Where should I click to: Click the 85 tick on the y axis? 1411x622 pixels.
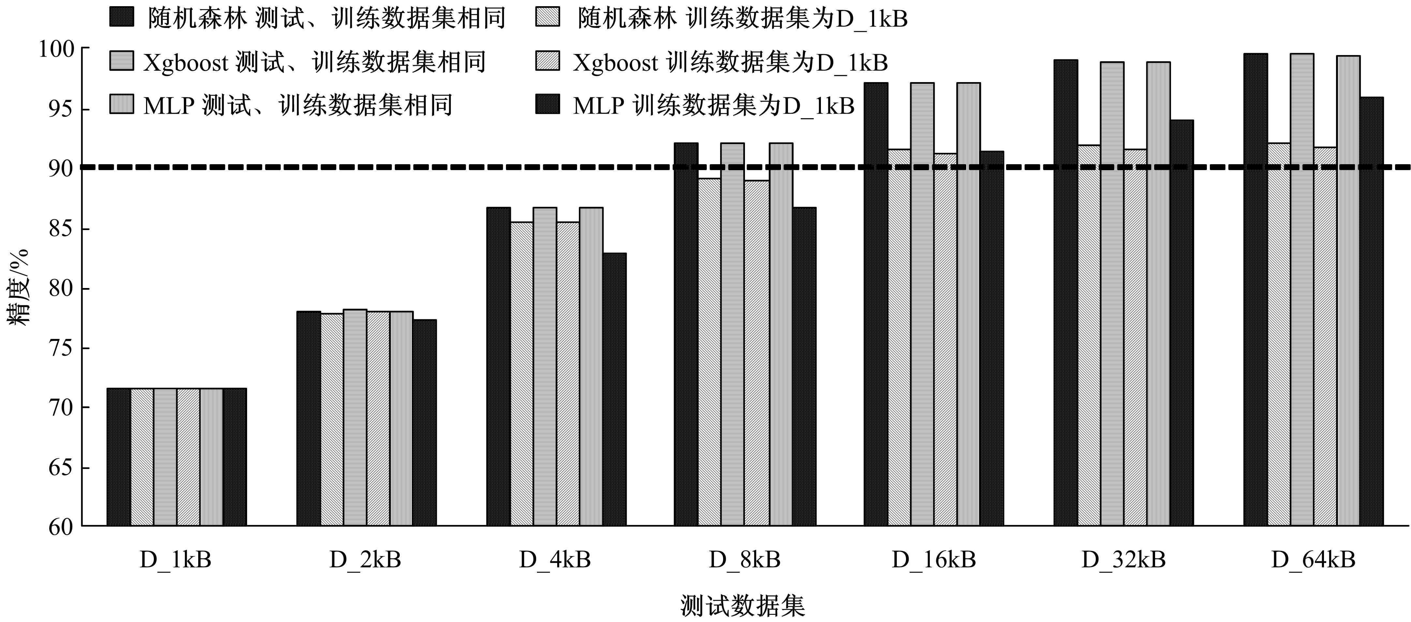click(60, 229)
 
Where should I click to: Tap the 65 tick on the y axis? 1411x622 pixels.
click(60, 468)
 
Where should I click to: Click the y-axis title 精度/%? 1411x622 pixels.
click(18, 287)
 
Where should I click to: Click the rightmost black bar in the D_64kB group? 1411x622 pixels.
click(1372, 312)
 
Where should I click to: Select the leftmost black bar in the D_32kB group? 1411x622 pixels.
click(1065, 293)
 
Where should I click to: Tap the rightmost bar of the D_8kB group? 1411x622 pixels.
click(804, 367)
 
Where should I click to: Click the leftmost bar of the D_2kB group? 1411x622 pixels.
click(308, 419)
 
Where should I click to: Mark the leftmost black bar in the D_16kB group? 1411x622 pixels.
click(876, 304)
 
